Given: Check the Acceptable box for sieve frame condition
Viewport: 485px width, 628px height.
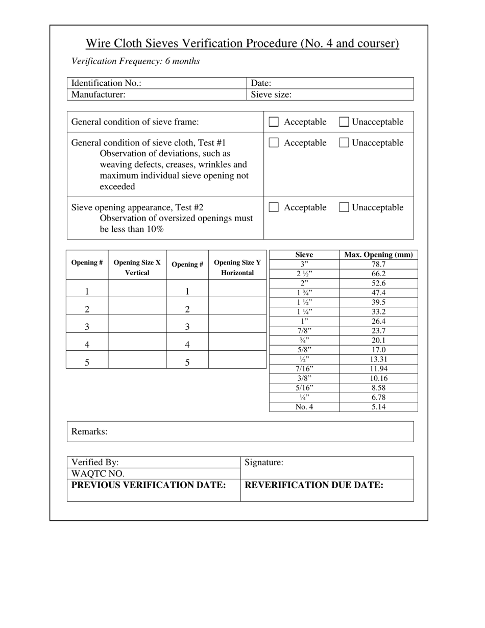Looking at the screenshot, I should point(274,122).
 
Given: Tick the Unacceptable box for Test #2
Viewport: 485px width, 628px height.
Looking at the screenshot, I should point(344,207).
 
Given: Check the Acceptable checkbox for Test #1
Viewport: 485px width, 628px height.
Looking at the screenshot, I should point(274,143).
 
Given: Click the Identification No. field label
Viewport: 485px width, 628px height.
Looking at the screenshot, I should point(106,83).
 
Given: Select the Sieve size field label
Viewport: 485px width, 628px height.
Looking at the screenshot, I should point(271,94).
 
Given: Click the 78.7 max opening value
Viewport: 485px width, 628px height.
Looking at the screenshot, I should point(378,264).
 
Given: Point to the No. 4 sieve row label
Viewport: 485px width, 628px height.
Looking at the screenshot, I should point(304,407).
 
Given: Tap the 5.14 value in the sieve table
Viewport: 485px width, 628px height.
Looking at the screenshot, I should point(378,407).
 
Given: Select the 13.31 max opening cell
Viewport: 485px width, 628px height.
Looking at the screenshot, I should point(378,359).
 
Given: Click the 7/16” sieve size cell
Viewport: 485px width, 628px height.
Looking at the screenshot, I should point(304,369).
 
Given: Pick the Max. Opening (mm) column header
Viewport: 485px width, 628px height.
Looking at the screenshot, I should point(378,255).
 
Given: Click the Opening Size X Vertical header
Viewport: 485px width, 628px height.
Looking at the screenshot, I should point(137,268).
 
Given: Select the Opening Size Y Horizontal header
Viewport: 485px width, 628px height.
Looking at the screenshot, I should point(237,268).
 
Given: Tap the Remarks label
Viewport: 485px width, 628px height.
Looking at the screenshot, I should point(89,431).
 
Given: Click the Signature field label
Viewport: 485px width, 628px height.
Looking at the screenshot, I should point(264,463).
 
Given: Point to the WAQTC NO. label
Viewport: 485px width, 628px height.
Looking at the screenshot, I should point(98,474).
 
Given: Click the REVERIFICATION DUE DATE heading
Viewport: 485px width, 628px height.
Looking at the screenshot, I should point(314,485).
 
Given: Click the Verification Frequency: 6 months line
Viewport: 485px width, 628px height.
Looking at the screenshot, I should point(136,61).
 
